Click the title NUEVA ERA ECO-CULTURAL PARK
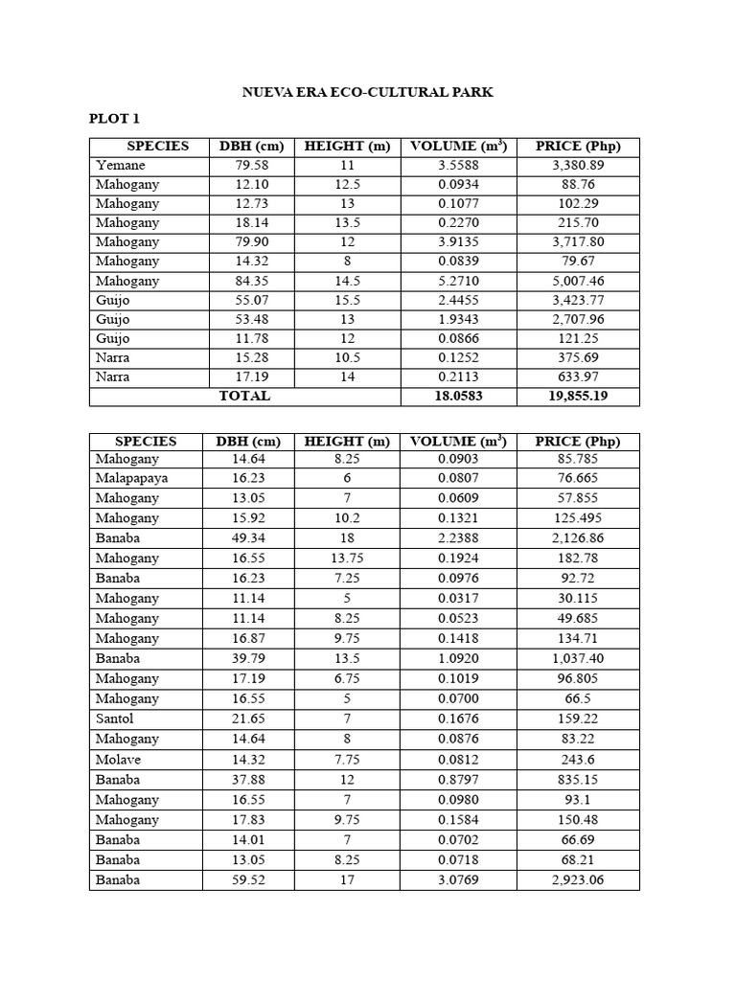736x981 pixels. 366,92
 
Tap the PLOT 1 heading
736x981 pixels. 114,119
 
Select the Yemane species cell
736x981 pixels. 121,165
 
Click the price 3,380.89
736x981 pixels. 578,165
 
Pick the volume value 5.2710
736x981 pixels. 458,281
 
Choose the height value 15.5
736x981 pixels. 347,300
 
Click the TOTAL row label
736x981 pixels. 244,396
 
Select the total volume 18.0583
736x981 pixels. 458,396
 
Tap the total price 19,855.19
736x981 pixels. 578,396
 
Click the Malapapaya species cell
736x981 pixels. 132,478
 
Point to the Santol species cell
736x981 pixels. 115,719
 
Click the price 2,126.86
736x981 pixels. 578,538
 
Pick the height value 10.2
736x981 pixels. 347,518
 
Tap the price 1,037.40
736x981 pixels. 578,659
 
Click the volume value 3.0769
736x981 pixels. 458,879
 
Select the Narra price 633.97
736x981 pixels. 578,376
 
